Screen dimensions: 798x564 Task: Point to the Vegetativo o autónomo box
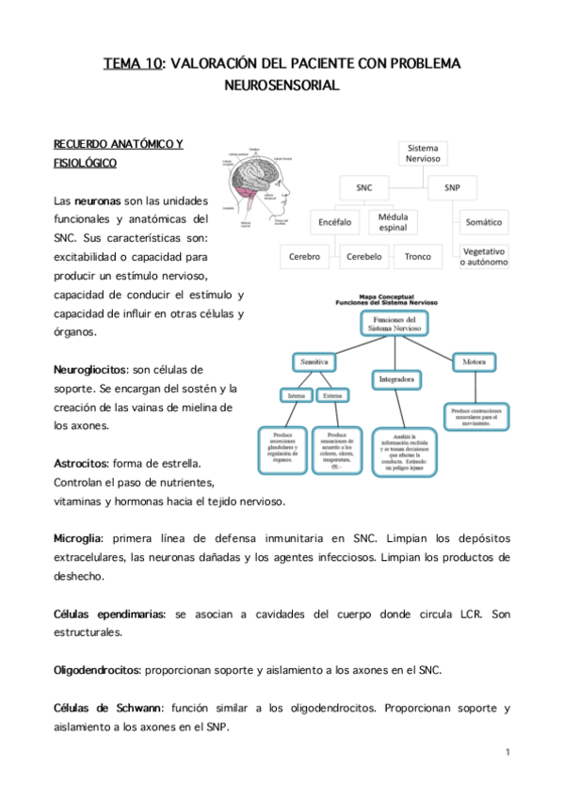(x=483, y=256)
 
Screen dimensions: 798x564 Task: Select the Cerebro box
(x=304, y=256)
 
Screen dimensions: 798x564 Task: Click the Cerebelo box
(x=363, y=256)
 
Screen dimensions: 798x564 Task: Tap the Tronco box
(x=417, y=256)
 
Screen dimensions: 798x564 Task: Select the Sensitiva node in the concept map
(x=313, y=361)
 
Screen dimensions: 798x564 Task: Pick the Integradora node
(x=396, y=379)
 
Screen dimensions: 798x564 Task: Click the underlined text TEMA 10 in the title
(x=132, y=64)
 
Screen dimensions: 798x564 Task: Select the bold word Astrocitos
(x=80, y=465)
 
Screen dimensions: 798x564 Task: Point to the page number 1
(x=507, y=752)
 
